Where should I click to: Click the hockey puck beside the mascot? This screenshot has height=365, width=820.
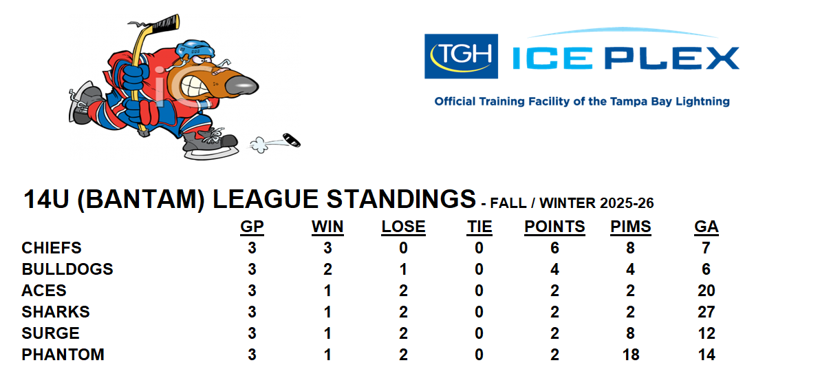(x=292, y=140)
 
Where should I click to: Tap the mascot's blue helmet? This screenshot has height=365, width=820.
(x=195, y=49)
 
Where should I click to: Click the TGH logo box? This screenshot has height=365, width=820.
(x=461, y=56)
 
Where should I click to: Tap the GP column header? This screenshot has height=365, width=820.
(x=252, y=227)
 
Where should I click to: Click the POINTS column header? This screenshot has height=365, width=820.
(x=555, y=227)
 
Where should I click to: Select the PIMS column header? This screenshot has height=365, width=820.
(x=631, y=227)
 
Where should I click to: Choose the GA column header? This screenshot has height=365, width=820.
(x=706, y=227)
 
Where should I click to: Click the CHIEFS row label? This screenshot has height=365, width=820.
(x=52, y=247)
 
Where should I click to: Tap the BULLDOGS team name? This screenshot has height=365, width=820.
(x=67, y=269)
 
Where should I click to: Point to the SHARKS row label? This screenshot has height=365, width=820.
(x=56, y=311)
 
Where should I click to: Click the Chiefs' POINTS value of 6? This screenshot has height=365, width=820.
(x=555, y=248)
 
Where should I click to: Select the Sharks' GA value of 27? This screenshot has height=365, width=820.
(x=706, y=311)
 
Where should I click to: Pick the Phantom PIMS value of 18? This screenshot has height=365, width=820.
(x=631, y=355)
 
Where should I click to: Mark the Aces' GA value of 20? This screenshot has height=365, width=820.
(x=706, y=291)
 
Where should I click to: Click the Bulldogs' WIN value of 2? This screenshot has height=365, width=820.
(x=328, y=269)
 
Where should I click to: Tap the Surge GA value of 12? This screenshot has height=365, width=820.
(x=706, y=333)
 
